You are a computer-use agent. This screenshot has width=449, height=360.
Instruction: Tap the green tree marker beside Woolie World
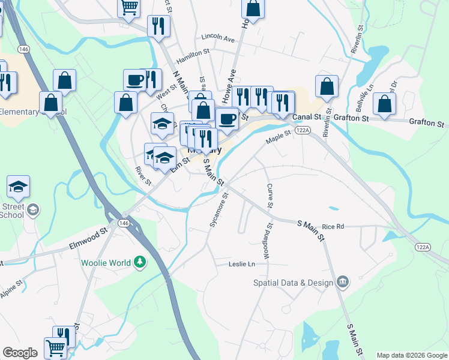tap(140, 262)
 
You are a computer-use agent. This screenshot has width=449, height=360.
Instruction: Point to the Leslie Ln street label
tap(242, 264)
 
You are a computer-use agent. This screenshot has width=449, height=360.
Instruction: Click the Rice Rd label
tap(333, 226)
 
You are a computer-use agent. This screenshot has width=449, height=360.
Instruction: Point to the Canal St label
tap(304, 118)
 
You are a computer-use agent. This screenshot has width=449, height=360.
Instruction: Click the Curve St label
tap(270, 196)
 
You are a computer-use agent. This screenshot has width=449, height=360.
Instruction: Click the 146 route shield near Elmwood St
tap(124, 223)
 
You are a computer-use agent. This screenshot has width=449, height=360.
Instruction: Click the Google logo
tap(20, 353)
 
